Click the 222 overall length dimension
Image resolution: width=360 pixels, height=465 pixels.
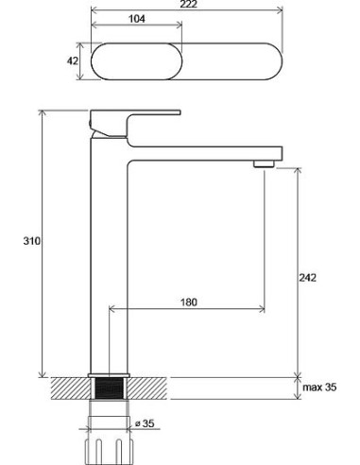[x=189, y=4]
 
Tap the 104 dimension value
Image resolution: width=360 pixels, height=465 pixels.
[x=137, y=19]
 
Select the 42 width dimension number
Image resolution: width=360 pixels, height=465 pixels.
[x=73, y=60]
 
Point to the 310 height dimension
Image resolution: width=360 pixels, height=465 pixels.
[x=32, y=241]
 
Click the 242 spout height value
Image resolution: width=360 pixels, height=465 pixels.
[x=307, y=278]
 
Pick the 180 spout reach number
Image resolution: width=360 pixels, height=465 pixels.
[x=189, y=302]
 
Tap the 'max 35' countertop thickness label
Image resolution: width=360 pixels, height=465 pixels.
[x=319, y=387]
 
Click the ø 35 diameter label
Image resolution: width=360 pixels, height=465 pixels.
[x=145, y=423]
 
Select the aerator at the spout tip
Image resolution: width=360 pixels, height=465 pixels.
[x=264, y=164]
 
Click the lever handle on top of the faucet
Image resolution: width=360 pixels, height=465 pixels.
[x=135, y=124]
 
